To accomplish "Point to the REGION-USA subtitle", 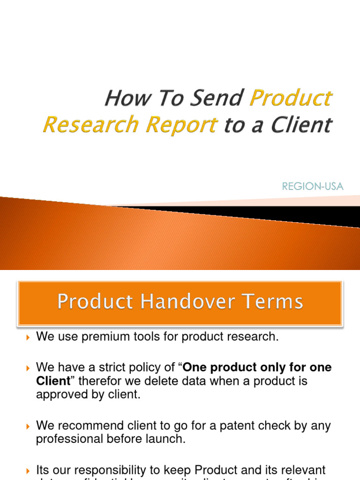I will pos(313,187).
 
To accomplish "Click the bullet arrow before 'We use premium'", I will pos(28,337).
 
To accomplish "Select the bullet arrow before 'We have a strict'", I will pos(28,368).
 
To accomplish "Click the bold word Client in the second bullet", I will pos(53,381).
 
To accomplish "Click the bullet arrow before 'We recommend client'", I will pos(28,427).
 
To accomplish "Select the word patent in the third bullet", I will pos(210,426).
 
